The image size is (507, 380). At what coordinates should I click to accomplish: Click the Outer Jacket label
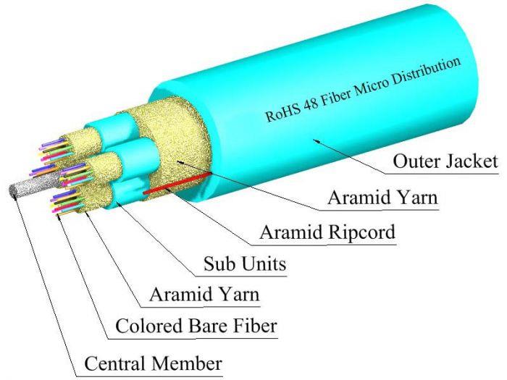[x=445, y=161]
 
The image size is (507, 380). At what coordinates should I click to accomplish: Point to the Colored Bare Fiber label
[x=196, y=327]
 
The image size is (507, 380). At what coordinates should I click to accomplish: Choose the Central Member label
[x=154, y=362]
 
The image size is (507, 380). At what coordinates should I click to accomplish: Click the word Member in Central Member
[x=188, y=362]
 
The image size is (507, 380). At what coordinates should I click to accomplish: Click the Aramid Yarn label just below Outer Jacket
[x=382, y=197]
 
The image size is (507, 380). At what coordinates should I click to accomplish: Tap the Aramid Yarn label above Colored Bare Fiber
[x=204, y=295]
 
